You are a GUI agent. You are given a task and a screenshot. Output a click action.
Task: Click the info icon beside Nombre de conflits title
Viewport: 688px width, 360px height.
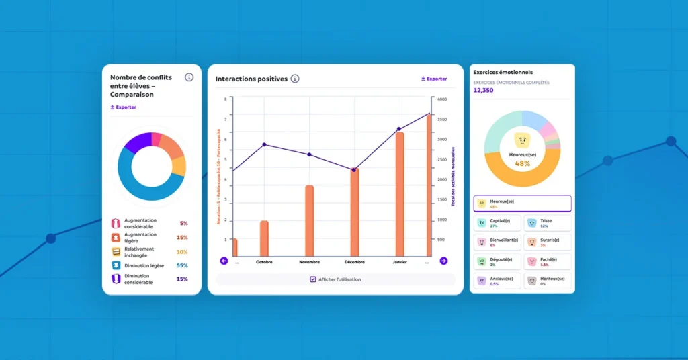point(189,77)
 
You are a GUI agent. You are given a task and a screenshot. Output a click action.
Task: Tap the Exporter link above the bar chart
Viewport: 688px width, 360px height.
point(434,79)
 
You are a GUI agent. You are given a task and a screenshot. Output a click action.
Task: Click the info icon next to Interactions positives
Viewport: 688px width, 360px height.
point(295,79)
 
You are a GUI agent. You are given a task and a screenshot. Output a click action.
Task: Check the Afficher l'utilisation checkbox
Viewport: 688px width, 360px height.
point(313,279)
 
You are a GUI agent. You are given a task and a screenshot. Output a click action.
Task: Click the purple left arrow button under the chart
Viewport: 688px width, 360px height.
point(224,261)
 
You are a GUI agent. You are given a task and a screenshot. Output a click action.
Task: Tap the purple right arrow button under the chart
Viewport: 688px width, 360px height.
point(443,261)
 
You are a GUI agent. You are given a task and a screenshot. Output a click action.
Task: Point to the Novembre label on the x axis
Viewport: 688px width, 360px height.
point(309,263)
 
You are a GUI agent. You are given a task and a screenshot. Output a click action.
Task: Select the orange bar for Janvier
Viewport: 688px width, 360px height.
point(400,195)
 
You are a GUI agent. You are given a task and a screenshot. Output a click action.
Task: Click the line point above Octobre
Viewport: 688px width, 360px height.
point(264,144)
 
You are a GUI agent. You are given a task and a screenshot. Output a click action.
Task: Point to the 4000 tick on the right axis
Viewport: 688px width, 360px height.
point(441,99)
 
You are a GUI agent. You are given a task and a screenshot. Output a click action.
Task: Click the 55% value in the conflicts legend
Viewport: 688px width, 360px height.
point(182,265)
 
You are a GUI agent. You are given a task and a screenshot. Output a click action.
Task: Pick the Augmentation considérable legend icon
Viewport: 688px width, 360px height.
point(116,223)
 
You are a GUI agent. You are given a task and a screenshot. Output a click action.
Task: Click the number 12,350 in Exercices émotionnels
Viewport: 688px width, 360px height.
point(483,90)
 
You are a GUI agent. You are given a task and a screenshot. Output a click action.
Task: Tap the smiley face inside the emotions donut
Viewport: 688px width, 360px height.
point(522,140)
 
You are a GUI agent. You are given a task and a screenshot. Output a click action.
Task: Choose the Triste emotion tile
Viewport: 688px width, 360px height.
point(546,223)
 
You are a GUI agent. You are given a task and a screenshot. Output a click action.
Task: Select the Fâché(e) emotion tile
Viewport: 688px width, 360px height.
point(546,261)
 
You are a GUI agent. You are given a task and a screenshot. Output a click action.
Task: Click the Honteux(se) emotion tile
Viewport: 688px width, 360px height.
point(546,281)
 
